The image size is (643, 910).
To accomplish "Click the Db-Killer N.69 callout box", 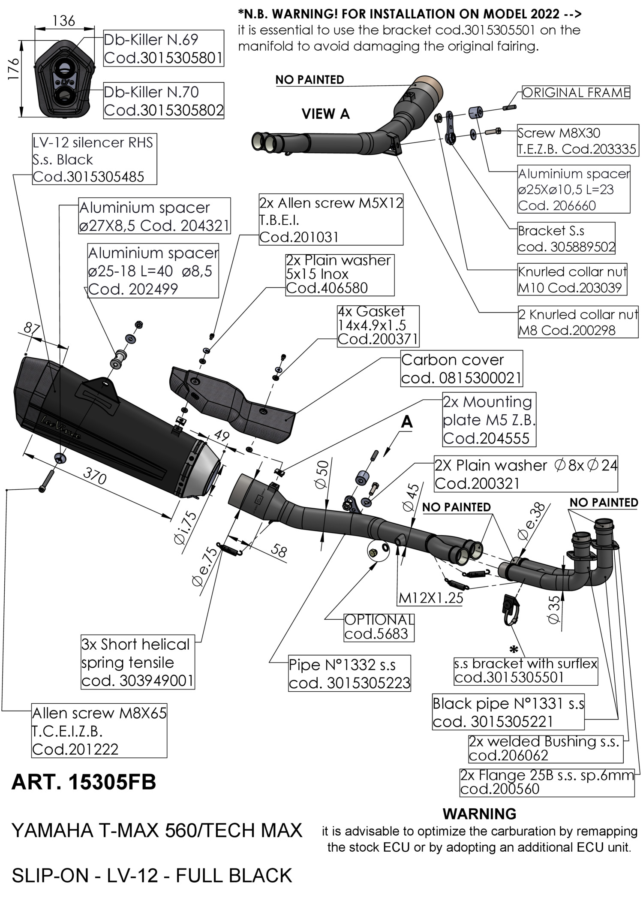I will [163, 48].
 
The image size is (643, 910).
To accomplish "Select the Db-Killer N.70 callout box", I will [163, 101].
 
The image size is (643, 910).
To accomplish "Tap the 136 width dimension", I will [64, 20].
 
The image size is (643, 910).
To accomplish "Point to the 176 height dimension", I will [14, 69].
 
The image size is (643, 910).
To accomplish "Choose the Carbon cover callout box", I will [462, 369].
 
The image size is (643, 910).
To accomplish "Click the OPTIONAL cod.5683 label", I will [379, 627].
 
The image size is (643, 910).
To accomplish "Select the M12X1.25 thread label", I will [430, 598].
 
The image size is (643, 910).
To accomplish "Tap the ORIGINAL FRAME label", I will [576, 93].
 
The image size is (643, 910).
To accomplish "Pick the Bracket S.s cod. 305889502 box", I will [566, 238].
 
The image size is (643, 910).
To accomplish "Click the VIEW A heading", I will [325, 114].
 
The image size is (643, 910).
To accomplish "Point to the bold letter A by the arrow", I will [406, 422].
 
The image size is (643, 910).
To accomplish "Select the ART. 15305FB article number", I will [84, 782].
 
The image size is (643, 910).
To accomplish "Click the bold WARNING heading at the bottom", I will [479, 814].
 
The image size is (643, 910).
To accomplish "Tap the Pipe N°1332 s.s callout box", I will [349, 673].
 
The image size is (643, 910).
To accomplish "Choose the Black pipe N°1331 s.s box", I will [508, 712].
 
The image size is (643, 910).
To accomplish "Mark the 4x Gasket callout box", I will [378, 325].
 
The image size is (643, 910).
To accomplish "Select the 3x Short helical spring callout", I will [138, 662].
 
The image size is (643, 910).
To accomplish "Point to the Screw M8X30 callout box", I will [577, 141].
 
